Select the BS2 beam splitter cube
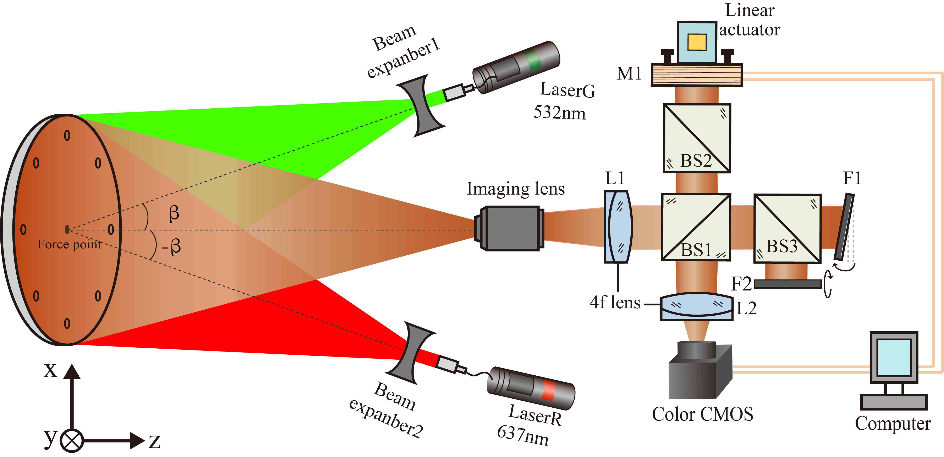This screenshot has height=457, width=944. [x=697, y=138]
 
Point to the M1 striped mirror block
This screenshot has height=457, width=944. [x=697, y=75]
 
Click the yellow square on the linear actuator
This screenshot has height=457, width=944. [x=697, y=42]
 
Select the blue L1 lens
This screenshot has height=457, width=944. [x=618, y=227]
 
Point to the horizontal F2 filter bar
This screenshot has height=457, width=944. [x=788, y=284]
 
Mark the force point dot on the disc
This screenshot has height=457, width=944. [x=67, y=229]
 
